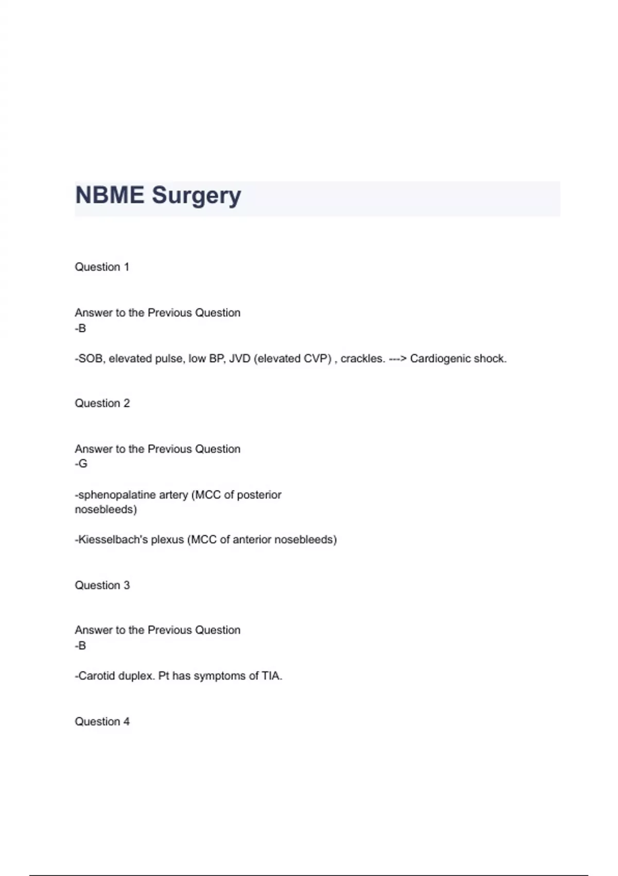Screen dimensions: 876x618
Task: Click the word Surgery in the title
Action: pos(196,196)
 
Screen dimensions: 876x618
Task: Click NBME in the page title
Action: pos(110,196)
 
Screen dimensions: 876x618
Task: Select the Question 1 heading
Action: pos(102,267)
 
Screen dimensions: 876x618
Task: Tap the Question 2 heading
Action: pos(102,403)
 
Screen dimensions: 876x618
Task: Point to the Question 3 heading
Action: pos(102,585)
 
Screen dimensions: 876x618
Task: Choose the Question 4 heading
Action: pos(102,721)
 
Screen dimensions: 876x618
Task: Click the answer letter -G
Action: pos(81,464)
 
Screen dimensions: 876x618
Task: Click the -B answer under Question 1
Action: pos(80,328)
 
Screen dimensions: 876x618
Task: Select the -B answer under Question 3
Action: pos(80,645)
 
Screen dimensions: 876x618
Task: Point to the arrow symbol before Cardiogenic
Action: pos(397,359)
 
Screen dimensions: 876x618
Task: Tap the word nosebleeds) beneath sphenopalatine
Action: pos(106,510)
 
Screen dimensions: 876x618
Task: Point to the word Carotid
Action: pos(96,676)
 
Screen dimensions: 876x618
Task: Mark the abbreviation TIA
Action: pos(271,676)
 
